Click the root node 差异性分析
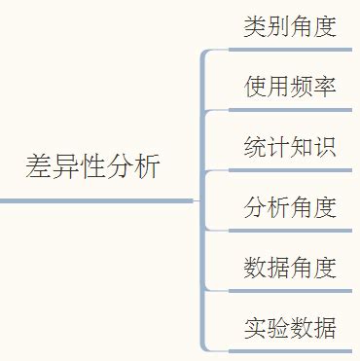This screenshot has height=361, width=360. pyautogui.click(x=93, y=165)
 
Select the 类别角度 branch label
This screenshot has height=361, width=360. pyautogui.click(x=290, y=26)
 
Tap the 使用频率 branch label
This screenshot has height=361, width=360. pyautogui.click(x=290, y=87)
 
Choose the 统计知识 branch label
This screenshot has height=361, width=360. pyautogui.click(x=290, y=147)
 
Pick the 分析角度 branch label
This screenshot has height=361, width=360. pyautogui.click(x=290, y=206)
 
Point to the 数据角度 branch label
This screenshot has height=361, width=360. pyautogui.click(x=290, y=267)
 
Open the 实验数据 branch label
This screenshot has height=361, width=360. pyautogui.click(x=290, y=327)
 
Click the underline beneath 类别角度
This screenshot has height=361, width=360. pyautogui.click(x=282, y=50)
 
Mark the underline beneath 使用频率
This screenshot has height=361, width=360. pyautogui.click(x=282, y=110)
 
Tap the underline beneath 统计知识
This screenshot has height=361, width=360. pyautogui.click(x=282, y=170)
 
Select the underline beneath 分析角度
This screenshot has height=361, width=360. pyautogui.click(x=282, y=230)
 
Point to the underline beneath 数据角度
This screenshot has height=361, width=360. pyautogui.click(x=282, y=290)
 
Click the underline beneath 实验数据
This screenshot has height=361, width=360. pyautogui.click(x=282, y=349)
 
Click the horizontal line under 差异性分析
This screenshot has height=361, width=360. pyautogui.click(x=97, y=200)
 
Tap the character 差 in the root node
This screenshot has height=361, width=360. pyautogui.click(x=38, y=165)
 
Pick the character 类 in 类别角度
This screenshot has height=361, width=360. pyautogui.click(x=255, y=26)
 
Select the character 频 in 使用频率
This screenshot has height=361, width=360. pyautogui.click(x=302, y=87)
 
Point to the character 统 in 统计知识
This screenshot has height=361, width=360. pyautogui.click(x=255, y=147)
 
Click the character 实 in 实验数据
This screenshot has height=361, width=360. pyautogui.click(x=255, y=327)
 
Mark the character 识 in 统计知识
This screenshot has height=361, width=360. pyautogui.click(x=325, y=147)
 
